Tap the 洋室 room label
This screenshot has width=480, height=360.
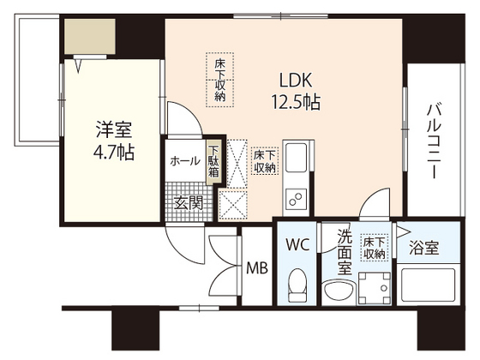click(x=112, y=131)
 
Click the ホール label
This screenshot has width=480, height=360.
click(x=185, y=161)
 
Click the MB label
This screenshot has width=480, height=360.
click(x=257, y=268)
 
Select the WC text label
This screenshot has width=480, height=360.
click(x=297, y=244)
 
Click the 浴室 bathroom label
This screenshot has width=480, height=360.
click(x=423, y=249)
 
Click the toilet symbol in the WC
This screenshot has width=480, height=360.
click(x=297, y=280)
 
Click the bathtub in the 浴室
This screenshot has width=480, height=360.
click(x=425, y=284)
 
